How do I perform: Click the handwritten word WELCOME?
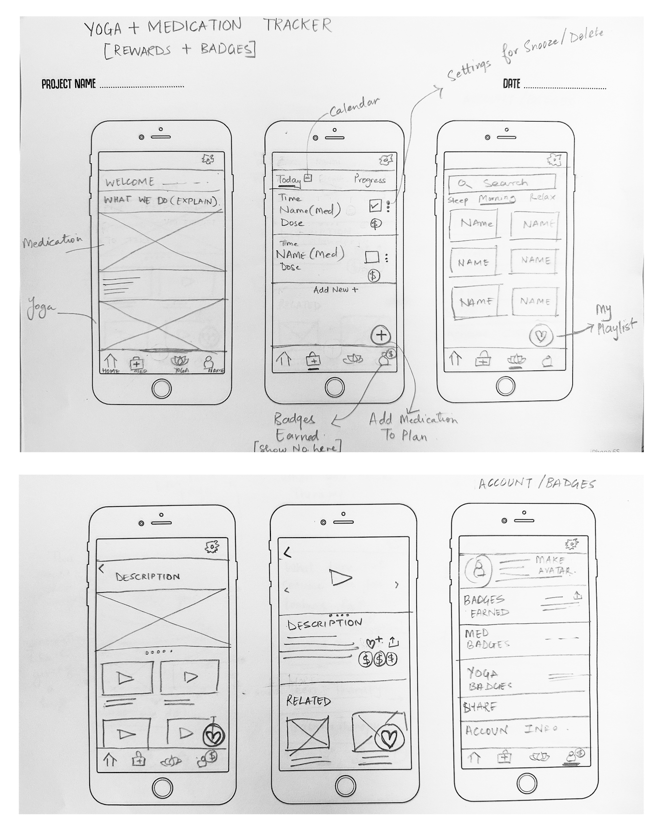coord(130,182)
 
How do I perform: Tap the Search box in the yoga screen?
coord(502,183)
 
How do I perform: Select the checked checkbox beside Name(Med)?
coord(375,206)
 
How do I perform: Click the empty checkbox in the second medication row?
coord(372,257)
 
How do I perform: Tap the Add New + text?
coord(335,290)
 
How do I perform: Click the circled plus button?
coord(381,335)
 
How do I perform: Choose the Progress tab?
coord(370,180)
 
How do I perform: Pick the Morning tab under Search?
coord(497,198)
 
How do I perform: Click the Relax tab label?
coord(542,197)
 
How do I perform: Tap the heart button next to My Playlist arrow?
coord(540,336)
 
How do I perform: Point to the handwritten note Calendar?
coord(354,107)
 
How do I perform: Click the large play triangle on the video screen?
coord(341,577)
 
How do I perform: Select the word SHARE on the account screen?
coord(480,707)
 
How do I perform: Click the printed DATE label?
coord(511,84)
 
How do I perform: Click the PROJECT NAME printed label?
coord(68,84)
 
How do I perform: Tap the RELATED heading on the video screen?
coord(308,700)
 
